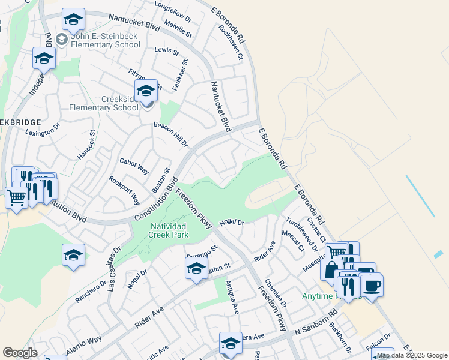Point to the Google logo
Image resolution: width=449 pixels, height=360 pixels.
(20, 353)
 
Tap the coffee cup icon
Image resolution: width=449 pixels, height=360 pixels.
(372, 285)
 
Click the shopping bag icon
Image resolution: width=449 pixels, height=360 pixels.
(331, 270)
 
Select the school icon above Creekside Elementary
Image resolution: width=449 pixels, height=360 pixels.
(146, 91)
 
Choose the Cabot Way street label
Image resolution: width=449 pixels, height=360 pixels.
(134, 166)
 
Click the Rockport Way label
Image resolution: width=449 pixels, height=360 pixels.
(124, 190)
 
